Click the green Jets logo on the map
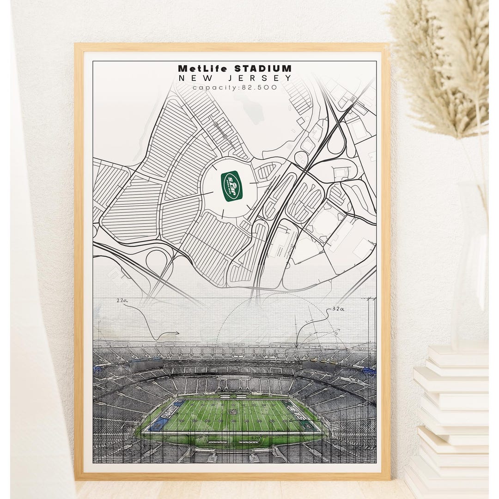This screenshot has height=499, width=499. coord(231,186)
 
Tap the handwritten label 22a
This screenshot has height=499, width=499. coord(122,301)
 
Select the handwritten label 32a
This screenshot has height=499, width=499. coord(337,309)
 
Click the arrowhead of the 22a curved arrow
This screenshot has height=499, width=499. coord(177,333)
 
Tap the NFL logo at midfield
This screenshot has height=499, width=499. coord(233,411)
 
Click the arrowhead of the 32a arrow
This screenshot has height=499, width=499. coord(297,345)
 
